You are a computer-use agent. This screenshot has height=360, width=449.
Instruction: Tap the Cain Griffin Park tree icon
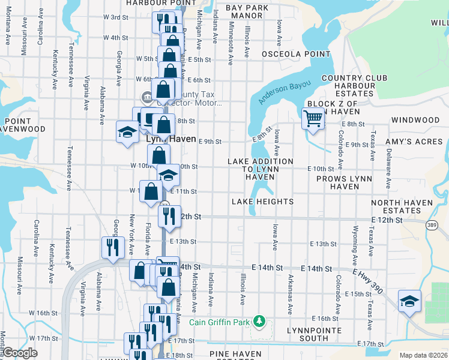pyautogui.click(x=259, y=321)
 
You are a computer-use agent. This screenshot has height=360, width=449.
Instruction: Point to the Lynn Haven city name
pyautogui.click(x=171, y=139)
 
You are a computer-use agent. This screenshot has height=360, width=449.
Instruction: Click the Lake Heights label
pyautogui.click(x=262, y=202)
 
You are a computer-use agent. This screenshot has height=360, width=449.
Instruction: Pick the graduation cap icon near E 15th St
pyautogui.click(x=409, y=301)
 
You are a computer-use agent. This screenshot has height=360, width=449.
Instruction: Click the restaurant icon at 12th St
pyautogui.click(x=169, y=215)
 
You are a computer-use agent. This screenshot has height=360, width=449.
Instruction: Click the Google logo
pyautogui.click(x=20, y=353)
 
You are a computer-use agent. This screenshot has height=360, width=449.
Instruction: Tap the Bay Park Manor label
pyautogui.click(x=247, y=12)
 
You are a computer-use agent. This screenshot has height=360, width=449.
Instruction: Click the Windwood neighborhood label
pyautogui.click(x=415, y=120)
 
